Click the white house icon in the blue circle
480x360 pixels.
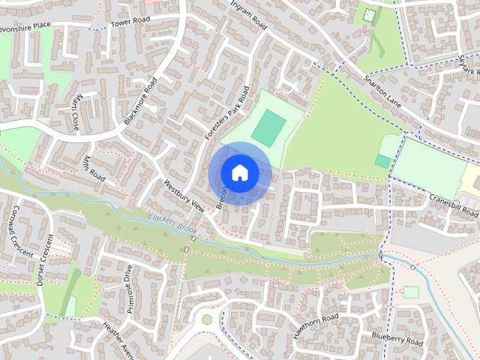pyautogui.click(x=239, y=172)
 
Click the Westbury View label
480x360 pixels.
pyautogui.click(x=184, y=194)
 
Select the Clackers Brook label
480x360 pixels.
pyautogui.click(x=172, y=219)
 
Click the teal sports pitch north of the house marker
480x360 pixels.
pyautogui.click(x=268, y=127)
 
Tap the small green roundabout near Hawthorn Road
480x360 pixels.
pyautogui.click(x=207, y=319)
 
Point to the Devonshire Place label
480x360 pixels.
pyautogui.click(x=25, y=25)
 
